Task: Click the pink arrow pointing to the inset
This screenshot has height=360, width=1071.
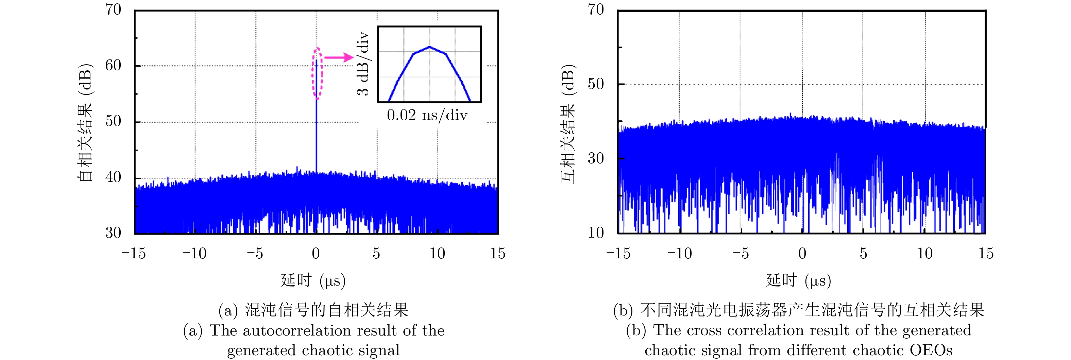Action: pos(339,57)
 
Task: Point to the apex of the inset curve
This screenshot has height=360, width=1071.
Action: pos(429,47)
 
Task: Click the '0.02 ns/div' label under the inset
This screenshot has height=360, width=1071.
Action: pos(427,115)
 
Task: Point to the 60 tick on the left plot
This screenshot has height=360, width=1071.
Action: pos(113,65)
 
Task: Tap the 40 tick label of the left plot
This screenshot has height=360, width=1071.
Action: pos(113,177)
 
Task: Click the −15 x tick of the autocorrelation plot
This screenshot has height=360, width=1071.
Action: pos(134,253)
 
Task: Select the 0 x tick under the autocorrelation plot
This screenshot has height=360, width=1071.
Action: pos(316,253)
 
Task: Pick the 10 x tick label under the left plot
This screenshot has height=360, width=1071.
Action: pos(437,253)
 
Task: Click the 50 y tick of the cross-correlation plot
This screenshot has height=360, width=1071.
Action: pos(596,84)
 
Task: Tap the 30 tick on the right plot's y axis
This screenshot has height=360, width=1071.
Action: pos(596,158)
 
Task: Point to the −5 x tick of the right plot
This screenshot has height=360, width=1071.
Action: pos(741,253)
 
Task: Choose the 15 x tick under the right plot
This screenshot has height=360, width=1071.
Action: pos(985,253)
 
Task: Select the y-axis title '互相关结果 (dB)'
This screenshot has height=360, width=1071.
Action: pos(568,124)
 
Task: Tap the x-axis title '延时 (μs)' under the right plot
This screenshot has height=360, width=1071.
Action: pos(799,280)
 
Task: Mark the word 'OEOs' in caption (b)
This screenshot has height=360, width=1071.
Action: pos(931,350)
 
